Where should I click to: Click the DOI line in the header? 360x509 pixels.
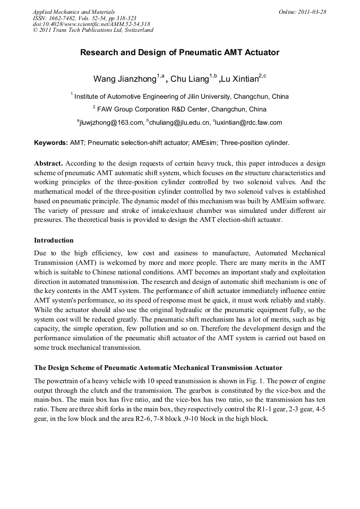point(91,24)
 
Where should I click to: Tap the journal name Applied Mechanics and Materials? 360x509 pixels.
point(74,12)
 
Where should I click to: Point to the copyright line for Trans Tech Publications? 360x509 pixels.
point(93,30)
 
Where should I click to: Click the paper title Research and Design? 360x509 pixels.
point(179,53)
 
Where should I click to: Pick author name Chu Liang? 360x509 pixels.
point(190,79)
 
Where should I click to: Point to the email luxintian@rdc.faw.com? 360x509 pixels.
point(248,123)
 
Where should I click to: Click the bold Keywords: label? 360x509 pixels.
point(50,143)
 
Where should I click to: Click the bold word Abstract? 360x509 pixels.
point(48,163)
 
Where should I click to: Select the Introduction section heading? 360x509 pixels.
point(54,240)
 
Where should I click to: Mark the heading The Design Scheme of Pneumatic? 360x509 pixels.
point(158,367)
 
